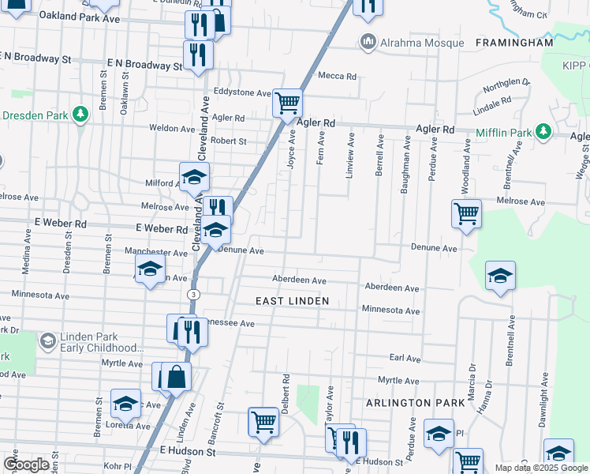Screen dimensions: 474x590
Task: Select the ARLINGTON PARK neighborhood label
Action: pyautogui.click(x=416, y=403)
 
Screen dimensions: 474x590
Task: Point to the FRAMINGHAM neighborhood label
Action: pyautogui.click(x=514, y=43)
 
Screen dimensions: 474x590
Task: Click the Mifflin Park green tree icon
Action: pyautogui.click(x=543, y=131)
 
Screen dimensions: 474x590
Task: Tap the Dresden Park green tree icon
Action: pyautogui.click(x=80, y=115)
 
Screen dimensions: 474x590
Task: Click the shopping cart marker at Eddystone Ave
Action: pyautogui.click(x=287, y=103)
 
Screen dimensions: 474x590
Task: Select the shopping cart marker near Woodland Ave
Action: pyautogui.click(x=466, y=213)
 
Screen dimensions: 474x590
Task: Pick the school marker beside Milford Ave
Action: pyautogui.click(x=193, y=178)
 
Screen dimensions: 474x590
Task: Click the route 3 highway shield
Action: pyautogui.click(x=192, y=294)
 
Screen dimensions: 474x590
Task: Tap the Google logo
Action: pyautogui.click(x=26, y=465)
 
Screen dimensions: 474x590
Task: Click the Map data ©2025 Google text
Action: pyautogui.click(x=540, y=468)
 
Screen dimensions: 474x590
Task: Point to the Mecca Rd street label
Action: pyautogui.click(x=337, y=77)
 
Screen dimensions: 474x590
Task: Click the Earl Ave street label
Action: pyautogui.click(x=405, y=358)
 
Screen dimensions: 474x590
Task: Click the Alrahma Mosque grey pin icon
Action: pyautogui.click(x=367, y=42)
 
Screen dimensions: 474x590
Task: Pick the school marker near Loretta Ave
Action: pyautogui.click(x=125, y=404)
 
